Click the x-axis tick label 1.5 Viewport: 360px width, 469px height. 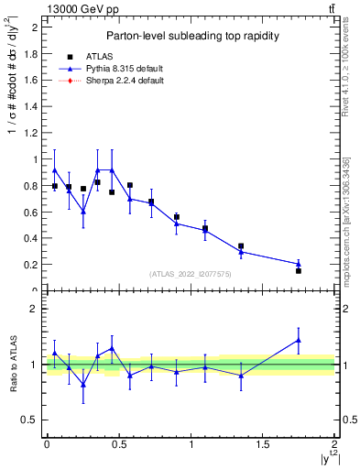coord(262,444)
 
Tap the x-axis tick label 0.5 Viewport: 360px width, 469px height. coord(118,444)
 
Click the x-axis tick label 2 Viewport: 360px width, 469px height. coord(334,444)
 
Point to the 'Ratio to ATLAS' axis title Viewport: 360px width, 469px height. coord(13,364)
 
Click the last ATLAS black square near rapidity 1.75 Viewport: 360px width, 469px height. coord(299,270)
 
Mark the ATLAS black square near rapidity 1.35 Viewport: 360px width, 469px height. coord(241,245)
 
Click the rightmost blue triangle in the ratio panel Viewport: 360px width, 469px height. coord(299,340)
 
